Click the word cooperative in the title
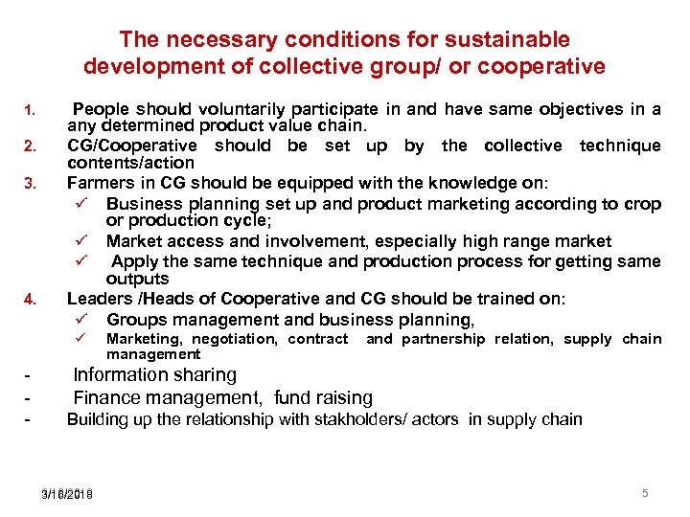[x=546, y=66]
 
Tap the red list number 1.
[x=30, y=109]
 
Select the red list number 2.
[x=30, y=146]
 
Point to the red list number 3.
[x=30, y=183]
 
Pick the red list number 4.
[x=30, y=299]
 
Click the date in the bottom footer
[x=67, y=493]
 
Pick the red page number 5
[x=645, y=492]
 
